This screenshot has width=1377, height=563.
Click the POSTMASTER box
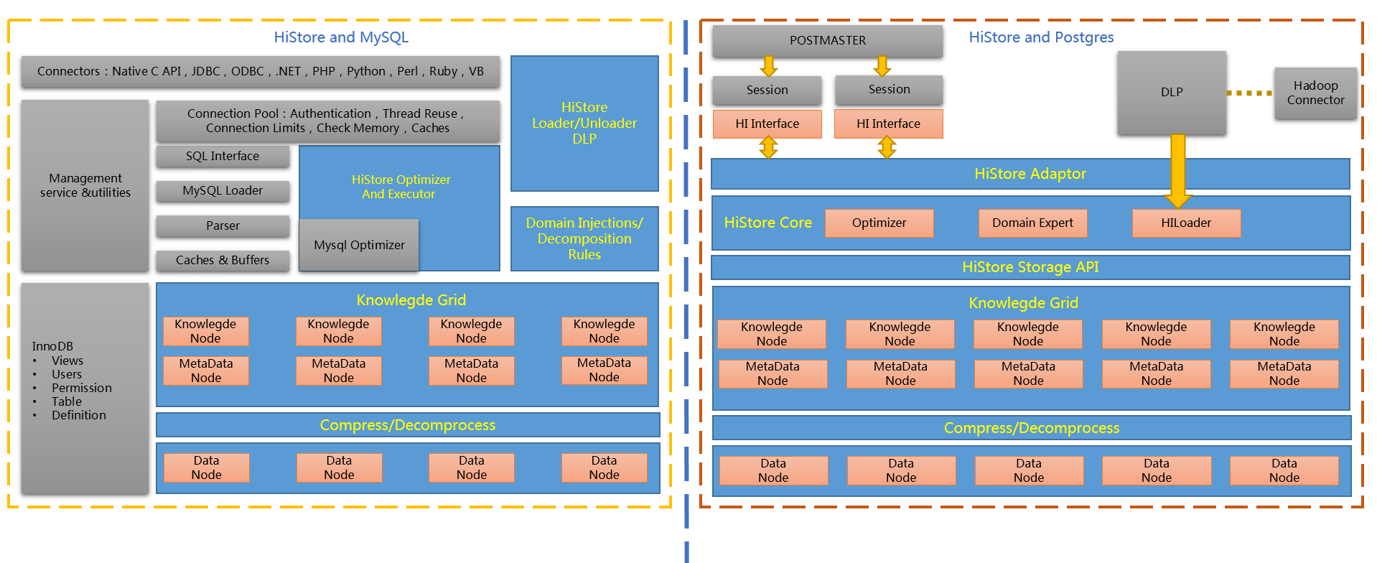pos(827,41)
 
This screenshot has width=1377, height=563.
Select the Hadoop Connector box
pos(1315,93)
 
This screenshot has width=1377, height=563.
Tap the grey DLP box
pos(1171,93)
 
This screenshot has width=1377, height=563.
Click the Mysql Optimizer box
pos(359,246)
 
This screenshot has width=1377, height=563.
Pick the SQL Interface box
pos(223,157)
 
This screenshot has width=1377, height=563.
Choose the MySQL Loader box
pos(223,191)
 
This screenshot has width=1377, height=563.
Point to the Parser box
pos(223,226)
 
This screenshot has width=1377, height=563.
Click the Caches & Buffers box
pos(223,261)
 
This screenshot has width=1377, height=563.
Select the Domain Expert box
pos(1032,223)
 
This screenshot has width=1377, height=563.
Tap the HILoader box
pos(1186,223)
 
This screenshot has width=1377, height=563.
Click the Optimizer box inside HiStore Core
pos(879,223)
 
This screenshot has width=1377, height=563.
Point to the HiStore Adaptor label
pos(1030,174)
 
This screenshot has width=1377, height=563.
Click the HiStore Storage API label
pos(1030,267)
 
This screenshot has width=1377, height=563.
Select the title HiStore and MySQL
pos(341,37)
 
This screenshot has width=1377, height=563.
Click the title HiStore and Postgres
pos(1041,37)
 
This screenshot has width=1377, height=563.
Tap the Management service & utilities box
pos(85,185)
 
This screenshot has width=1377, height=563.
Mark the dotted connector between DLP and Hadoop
pos(1249,93)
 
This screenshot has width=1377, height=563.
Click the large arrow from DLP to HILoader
pos(1177,169)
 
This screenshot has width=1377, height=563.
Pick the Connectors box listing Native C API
pos(260,72)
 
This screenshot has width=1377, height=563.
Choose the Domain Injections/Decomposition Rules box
pos(584,238)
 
